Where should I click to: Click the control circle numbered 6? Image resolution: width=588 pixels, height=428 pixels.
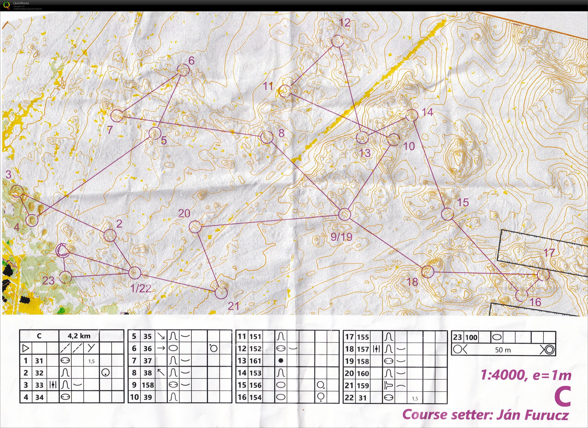click(183, 70)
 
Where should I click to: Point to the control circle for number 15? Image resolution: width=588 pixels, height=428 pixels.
click(447, 214)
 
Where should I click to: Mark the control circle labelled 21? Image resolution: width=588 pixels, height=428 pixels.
click(221, 293)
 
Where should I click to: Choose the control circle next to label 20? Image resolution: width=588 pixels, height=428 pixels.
click(195, 227)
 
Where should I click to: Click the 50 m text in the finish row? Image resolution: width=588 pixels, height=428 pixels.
click(503, 350)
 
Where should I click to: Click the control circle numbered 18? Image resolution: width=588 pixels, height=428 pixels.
click(427, 272)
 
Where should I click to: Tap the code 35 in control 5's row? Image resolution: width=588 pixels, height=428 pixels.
click(148, 336)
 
